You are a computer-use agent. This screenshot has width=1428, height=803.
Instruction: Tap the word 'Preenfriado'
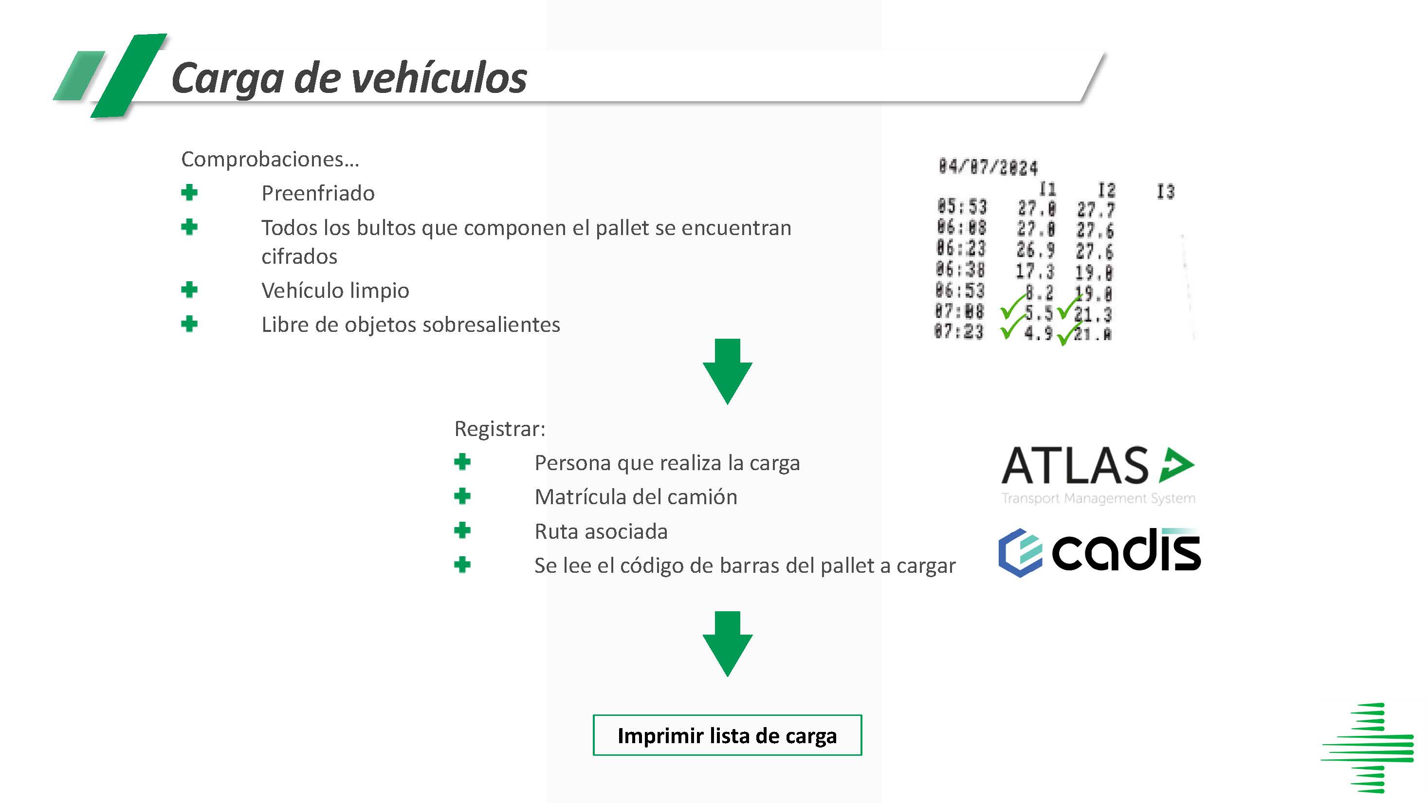tap(318, 193)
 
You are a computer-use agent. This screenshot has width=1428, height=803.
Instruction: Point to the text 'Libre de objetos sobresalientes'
tap(411, 325)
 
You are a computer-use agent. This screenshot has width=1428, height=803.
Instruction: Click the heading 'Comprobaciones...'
tap(270, 160)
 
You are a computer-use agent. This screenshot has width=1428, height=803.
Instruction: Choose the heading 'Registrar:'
tap(499, 429)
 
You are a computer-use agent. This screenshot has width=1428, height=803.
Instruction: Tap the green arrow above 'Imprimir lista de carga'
tap(727, 643)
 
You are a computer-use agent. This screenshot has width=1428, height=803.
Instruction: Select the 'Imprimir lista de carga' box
tap(727, 735)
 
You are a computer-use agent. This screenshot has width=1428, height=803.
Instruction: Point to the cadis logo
tap(1099, 552)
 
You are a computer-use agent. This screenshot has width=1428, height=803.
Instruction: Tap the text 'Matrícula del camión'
tap(636, 497)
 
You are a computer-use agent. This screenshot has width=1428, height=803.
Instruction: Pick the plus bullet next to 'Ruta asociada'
tap(462, 530)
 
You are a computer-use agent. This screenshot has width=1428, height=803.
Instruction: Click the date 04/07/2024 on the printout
tap(988, 167)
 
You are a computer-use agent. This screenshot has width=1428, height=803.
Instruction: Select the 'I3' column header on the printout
tap(1165, 192)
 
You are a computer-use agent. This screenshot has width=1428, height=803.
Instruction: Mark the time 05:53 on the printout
tap(962, 207)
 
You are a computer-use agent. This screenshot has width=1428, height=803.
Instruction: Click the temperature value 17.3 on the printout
tap(1034, 271)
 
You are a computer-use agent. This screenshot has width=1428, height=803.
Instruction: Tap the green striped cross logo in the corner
tap(1368, 748)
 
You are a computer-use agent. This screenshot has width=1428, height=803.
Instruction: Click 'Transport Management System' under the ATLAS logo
tap(1098, 498)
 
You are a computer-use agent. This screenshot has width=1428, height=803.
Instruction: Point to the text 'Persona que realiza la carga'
tap(667, 463)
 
